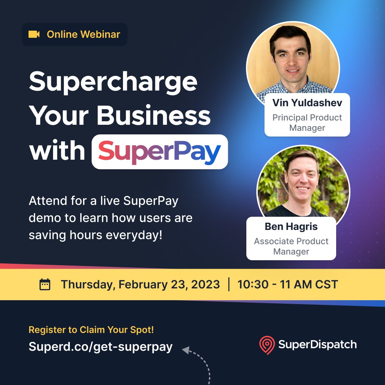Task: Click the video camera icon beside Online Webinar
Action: click(34, 34)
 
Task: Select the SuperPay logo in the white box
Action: click(160, 152)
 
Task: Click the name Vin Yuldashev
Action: click(307, 103)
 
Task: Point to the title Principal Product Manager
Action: click(307, 123)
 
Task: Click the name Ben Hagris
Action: click(291, 226)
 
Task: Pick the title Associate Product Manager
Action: click(291, 246)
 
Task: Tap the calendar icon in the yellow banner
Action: click(45, 284)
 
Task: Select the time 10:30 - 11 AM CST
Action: click(287, 284)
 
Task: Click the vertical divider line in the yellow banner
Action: click(229, 284)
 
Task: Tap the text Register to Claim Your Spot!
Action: click(91, 330)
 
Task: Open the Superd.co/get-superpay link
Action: click(101, 346)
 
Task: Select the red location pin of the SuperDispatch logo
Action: click(267, 345)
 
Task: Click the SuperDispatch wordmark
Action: click(317, 344)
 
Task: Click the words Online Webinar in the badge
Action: click(83, 34)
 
